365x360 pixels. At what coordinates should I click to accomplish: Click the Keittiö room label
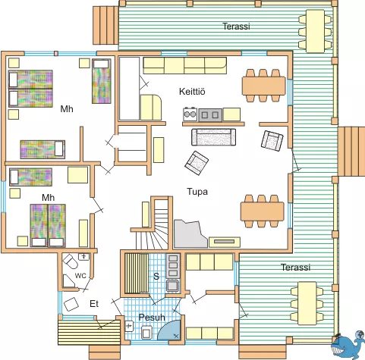192,91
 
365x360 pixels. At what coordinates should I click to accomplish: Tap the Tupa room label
197,192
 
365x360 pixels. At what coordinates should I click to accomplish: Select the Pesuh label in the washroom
152,318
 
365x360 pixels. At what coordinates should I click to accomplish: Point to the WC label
80,276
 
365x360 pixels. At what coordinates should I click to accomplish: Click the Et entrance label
94,304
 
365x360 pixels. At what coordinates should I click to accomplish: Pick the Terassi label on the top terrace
236,26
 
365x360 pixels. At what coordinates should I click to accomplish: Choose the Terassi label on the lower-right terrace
295,267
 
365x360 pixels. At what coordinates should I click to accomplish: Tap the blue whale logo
348,345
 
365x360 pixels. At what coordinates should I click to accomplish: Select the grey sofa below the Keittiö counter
214,137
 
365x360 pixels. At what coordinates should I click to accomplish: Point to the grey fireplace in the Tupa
190,233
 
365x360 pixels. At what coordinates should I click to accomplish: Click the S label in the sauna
156,276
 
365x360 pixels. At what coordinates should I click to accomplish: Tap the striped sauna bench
137,273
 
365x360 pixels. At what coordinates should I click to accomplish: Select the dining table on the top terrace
315,31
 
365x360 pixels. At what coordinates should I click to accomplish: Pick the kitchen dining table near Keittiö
263,86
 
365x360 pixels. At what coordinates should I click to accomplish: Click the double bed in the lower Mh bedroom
48,225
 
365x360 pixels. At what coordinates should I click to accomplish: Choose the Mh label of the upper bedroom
67,109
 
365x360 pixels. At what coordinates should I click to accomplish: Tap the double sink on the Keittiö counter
210,115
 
